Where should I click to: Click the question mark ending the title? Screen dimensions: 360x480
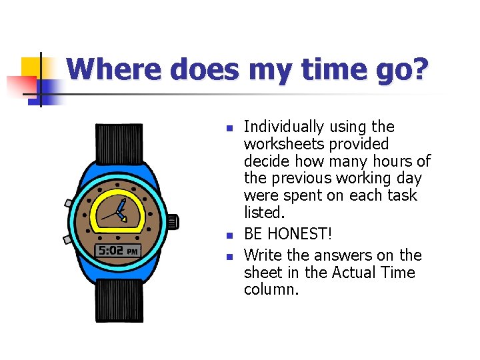[x=417, y=69]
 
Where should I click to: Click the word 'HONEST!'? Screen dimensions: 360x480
[x=299, y=233]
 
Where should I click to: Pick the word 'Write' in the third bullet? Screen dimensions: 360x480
[x=263, y=255]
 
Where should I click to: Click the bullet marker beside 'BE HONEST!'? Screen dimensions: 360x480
[x=228, y=235]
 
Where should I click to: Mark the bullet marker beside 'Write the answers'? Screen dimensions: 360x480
[x=228, y=257]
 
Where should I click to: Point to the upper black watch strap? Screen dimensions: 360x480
[x=119, y=143]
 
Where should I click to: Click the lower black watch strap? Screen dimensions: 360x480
[x=119, y=300]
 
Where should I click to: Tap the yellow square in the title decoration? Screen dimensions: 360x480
[x=31, y=67]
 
